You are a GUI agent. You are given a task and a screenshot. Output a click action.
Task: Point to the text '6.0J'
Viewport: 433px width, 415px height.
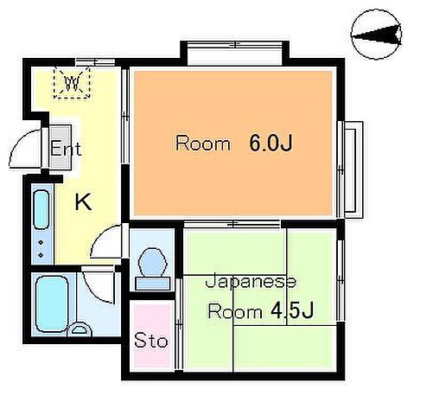coord(271,144)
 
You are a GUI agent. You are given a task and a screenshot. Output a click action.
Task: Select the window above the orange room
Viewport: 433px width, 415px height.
coord(230,54)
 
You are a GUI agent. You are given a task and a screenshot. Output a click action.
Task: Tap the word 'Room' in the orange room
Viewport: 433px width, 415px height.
coord(203,144)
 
